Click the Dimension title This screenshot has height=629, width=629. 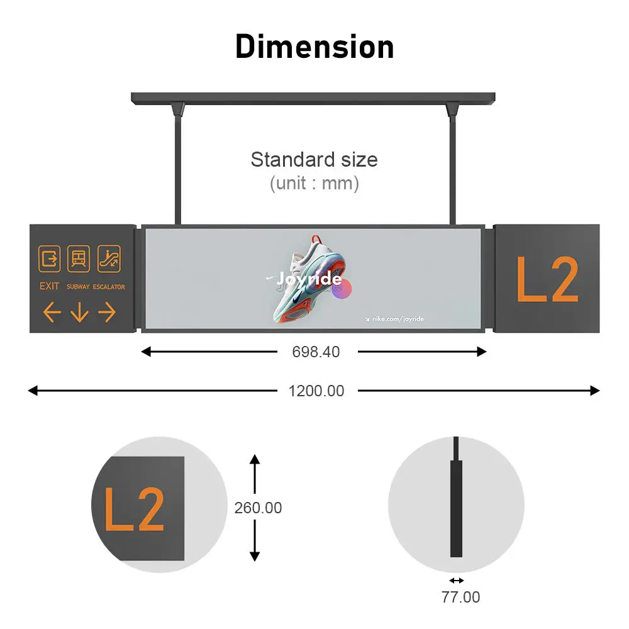tap(314, 47)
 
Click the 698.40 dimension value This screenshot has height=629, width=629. tap(316, 352)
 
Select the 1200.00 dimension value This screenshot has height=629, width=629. tap(316, 391)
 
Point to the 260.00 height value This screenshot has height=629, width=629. tap(258, 508)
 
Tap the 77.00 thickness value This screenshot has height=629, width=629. tap(460, 598)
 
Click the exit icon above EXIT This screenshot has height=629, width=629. tap(49, 259)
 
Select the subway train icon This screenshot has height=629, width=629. tap(79, 259)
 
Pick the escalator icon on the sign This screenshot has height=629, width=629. tap(109, 259)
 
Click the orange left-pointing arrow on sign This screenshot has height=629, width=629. tap(52, 312)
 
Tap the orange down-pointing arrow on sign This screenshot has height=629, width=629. tap(79, 313)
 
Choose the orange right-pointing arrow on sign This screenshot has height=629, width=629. tap(107, 312)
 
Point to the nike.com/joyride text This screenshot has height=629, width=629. tap(395, 319)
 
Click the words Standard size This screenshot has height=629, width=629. tap(314, 160)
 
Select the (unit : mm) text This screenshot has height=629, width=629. tap(314, 183)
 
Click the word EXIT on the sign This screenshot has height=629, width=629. tap(49, 286)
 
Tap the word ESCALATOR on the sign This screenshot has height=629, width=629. tap(109, 287)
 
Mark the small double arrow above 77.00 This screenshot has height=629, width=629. tap(457, 581)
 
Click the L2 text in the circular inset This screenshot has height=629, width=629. tap(135, 509)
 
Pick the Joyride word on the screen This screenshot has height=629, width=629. tap(309, 279)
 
